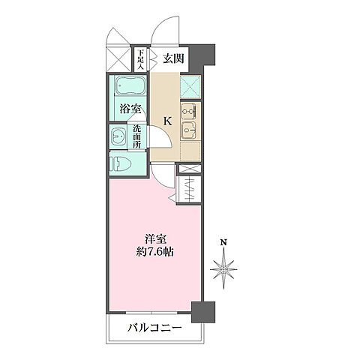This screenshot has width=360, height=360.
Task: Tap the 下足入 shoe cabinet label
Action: [x=140, y=58]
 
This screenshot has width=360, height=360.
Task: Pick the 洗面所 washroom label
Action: [x=137, y=137]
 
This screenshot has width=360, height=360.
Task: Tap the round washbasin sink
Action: [x=118, y=137]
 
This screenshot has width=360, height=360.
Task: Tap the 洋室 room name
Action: [x=156, y=238]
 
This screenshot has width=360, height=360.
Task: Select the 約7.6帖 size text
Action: [x=156, y=253]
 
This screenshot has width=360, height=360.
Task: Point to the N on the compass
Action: [x=223, y=241]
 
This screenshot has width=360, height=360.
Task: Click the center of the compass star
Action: [x=223, y=265]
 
